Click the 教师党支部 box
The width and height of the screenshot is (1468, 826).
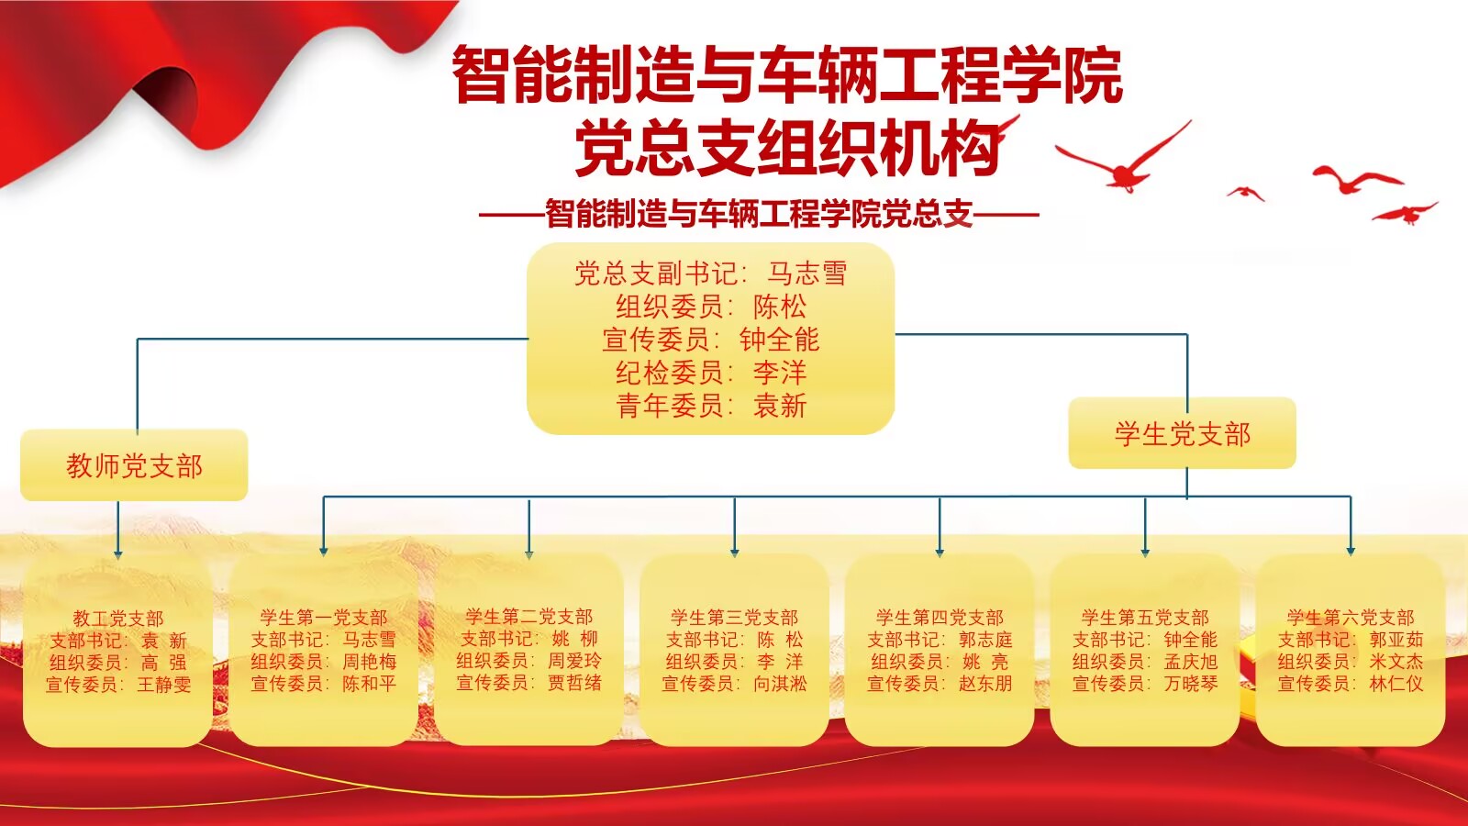click(134, 465)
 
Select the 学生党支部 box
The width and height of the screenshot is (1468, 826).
click(1183, 433)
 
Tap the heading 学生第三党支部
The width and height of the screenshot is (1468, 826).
click(734, 618)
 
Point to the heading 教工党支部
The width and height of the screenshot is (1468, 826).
click(118, 619)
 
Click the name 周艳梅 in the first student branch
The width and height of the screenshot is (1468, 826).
click(370, 662)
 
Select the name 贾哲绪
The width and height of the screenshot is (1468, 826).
click(574, 683)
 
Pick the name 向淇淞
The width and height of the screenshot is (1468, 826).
click(780, 684)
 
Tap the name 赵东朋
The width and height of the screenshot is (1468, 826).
click(985, 684)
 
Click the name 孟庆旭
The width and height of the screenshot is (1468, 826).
click(1191, 662)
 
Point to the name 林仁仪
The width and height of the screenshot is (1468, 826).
click(1396, 684)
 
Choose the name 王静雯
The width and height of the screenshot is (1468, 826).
click(164, 685)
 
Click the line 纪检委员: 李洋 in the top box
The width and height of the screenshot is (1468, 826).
click(711, 373)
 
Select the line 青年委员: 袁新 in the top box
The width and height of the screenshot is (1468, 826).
click(711, 406)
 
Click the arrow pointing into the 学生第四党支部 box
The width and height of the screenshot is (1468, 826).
click(940, 527)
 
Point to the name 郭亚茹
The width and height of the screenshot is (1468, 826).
click(1396, 639)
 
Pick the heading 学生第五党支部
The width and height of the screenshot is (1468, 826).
click(1145, 618)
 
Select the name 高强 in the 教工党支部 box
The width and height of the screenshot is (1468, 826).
click(164, 663)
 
